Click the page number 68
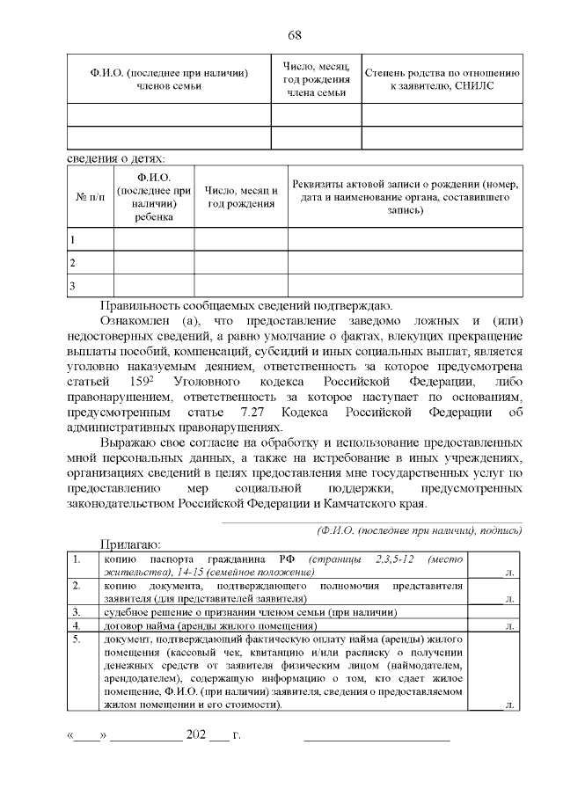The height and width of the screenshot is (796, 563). click(295, 35)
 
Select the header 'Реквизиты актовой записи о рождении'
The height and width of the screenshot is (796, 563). click(406, 199)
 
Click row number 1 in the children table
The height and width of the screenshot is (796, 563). click(72, 239)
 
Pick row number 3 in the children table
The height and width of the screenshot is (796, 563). click(72, 285)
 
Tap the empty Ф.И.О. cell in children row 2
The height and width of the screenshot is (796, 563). click(153, 262)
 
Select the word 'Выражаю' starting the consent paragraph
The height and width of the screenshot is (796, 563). click(128, 443)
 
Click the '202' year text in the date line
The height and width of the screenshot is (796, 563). click(195, 734)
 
